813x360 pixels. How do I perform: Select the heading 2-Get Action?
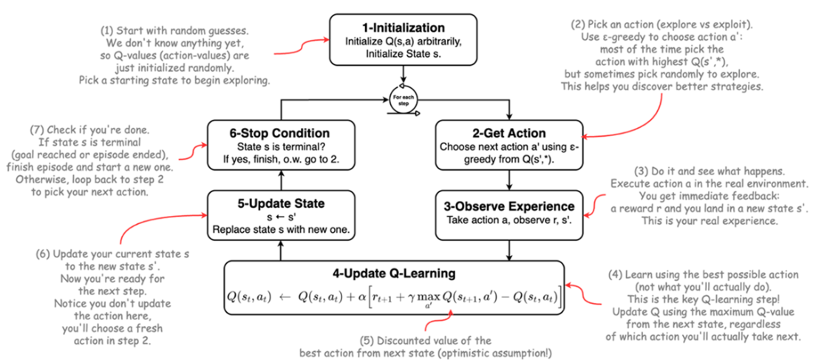(510, 133)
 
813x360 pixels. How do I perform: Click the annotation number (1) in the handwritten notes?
(107, 32)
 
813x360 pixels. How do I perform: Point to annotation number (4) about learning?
(630, 274)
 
